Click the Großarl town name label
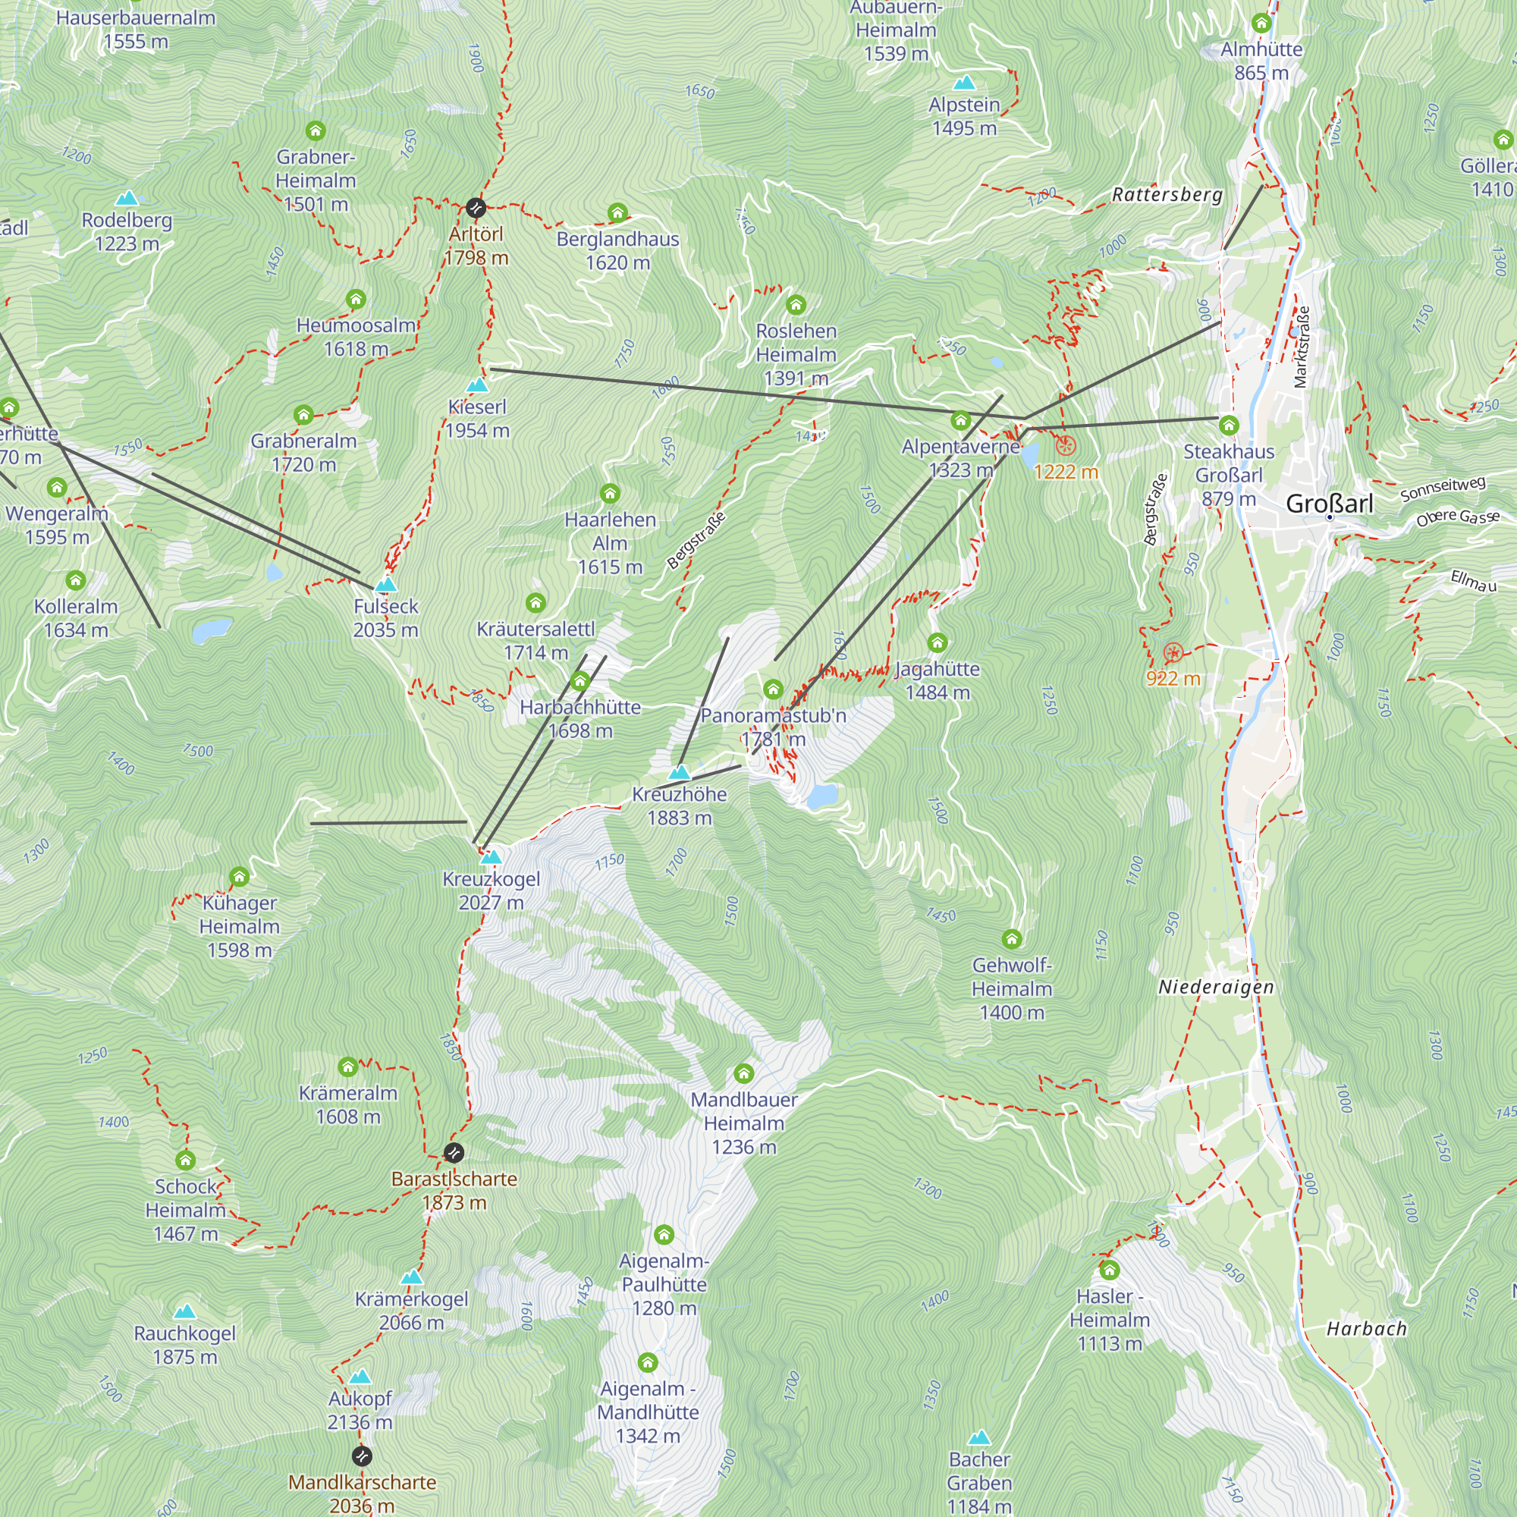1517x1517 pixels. click(x=1330, y=504)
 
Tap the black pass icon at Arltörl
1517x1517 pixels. click(x=475, y=208)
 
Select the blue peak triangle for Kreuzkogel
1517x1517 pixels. click(x=491, y=856)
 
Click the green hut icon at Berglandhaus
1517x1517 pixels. click(x=617, y=213)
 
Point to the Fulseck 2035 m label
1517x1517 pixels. click(x=385, y=618)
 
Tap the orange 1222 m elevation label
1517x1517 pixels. click(x=1066, y=472)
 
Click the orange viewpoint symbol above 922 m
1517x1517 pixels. click(x=1173, y=652)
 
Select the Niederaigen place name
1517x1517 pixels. click(x=1215, y=987)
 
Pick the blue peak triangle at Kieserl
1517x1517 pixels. click(x=477, y=385)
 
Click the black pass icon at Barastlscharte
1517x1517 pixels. click(x=454, y=1153)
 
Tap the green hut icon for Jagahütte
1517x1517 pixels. click(x=937, y=643)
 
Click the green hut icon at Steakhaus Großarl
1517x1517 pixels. click(x=1228, y=426)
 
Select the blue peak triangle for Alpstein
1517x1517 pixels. click(x=963, y=83)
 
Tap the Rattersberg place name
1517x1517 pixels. click(x=1167, y=195)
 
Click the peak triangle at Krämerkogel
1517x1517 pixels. click(x=411, y=1277)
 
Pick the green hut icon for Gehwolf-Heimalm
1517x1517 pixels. click(x=1011, y=939)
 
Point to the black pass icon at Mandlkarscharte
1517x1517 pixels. click(x=361, y=1456)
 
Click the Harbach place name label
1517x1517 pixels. click(x=1366, y=1329)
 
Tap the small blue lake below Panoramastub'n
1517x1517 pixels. click(x=822, y=796)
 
